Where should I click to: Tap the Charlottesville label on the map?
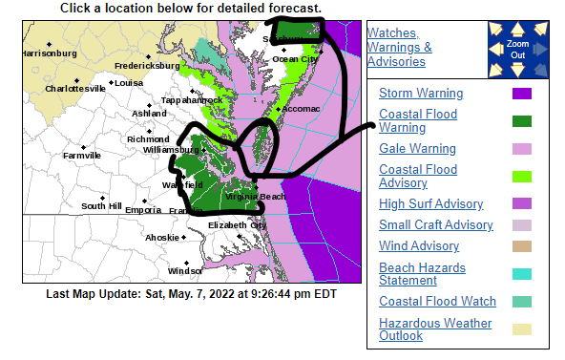coord(75,88)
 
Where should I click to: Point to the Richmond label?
coord(148,139)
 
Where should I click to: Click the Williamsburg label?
coord(169,150)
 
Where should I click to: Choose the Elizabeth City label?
coord(238,224)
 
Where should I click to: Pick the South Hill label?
coord(101,205)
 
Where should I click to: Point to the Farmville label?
coord(81,155)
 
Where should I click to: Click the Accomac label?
coord(299,109)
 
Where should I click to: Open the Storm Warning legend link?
coord(421,94)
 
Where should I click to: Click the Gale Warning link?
coord(417,149)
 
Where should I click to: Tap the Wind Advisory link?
coord(418,246)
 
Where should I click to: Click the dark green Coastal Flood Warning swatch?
coord(521,121)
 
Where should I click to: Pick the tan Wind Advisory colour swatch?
coord(521,246)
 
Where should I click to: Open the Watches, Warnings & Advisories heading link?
coord(399,47)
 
